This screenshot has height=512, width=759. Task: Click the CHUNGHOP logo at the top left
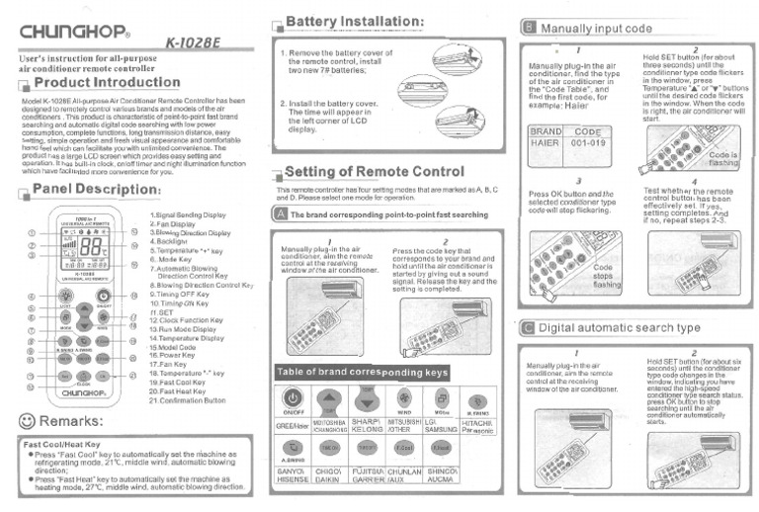72,29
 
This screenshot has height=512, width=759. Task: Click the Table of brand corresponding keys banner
363,373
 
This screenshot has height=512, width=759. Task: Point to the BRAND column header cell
547,130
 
